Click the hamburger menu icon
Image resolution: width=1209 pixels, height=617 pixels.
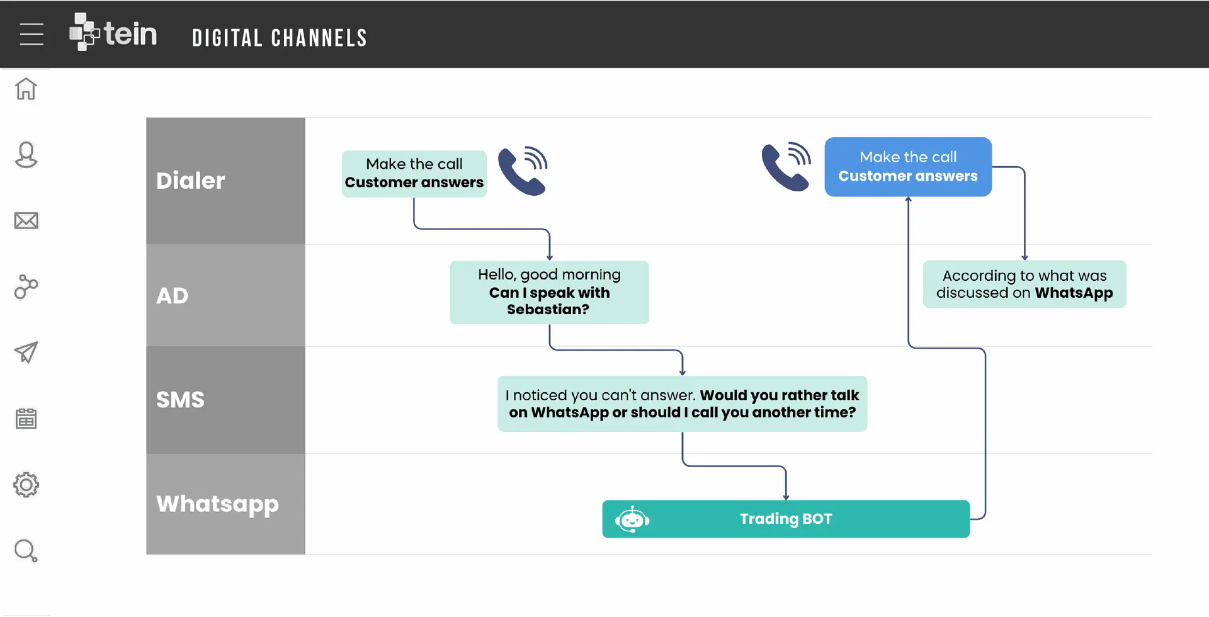(31, 34)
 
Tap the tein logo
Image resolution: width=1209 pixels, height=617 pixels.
(113, 32)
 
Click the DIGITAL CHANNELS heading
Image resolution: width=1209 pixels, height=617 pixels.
(280, 38)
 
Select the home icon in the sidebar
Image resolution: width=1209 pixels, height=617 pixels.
(26, 89)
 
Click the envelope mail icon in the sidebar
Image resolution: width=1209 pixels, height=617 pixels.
(26, 221)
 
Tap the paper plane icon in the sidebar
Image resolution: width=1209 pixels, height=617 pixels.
(26, 353)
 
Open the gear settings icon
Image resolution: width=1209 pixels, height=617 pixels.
(26, 485)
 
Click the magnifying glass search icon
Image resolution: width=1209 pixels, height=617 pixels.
(26, 551)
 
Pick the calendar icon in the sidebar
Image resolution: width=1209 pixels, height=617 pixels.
(26, 419)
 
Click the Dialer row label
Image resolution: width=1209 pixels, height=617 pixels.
(190, 181)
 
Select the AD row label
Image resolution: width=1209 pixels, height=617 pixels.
(172, 295)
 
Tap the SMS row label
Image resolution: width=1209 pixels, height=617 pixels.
(180, 400)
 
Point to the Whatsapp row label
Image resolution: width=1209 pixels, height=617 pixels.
(217, 504)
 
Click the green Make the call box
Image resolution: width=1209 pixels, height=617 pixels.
(414, 174)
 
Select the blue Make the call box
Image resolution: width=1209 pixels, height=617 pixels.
(908, 167)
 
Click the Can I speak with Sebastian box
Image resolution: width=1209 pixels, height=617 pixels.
(549, 293)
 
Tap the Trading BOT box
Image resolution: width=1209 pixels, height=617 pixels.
(786, 519)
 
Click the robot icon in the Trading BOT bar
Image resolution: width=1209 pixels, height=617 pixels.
(632, 519)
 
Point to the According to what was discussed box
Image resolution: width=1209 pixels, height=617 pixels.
(1025, 284)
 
